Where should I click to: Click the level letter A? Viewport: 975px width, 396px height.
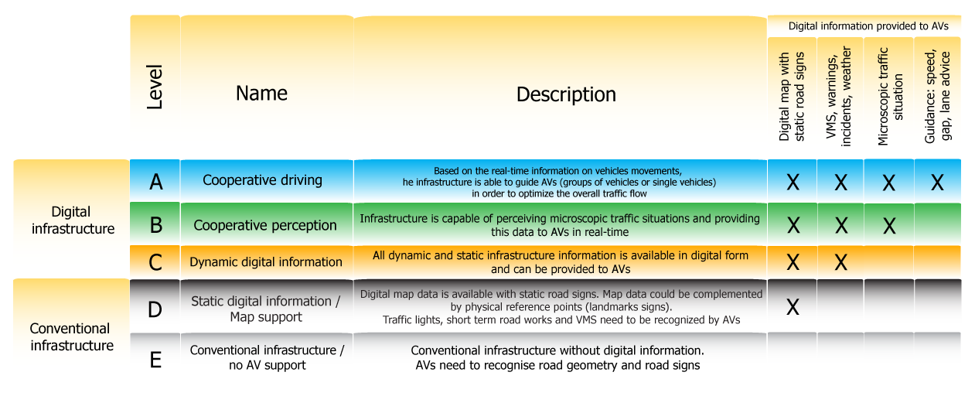point(155,182)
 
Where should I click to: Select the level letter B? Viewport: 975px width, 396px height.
point(155,225)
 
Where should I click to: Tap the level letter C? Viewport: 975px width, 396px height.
point(155,262)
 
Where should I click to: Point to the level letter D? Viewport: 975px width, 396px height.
point(155,309)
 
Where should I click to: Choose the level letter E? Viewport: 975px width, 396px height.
point(155,359)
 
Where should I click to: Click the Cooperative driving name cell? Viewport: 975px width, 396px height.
point(262,180)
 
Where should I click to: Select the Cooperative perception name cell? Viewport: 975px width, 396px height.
point(265,225)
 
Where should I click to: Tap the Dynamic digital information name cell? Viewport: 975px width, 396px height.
point(266,262)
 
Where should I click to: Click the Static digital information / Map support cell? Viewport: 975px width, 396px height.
point(266,309)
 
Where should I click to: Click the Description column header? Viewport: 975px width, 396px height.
point(566,94)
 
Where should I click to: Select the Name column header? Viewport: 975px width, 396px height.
point(261,94)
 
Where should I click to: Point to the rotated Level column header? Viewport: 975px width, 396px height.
point(155,87)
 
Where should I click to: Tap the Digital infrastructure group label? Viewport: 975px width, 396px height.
point(72,220)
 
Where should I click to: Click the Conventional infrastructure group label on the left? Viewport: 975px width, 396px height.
point(72,336)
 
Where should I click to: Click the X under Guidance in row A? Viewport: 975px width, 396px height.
point(937,183)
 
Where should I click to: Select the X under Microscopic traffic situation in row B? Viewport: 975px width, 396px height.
point(888,226)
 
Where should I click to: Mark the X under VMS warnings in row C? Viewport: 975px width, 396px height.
point(840,263)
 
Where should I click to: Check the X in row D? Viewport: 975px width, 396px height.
point(793,308)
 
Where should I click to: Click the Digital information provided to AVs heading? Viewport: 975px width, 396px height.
point(867,26)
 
